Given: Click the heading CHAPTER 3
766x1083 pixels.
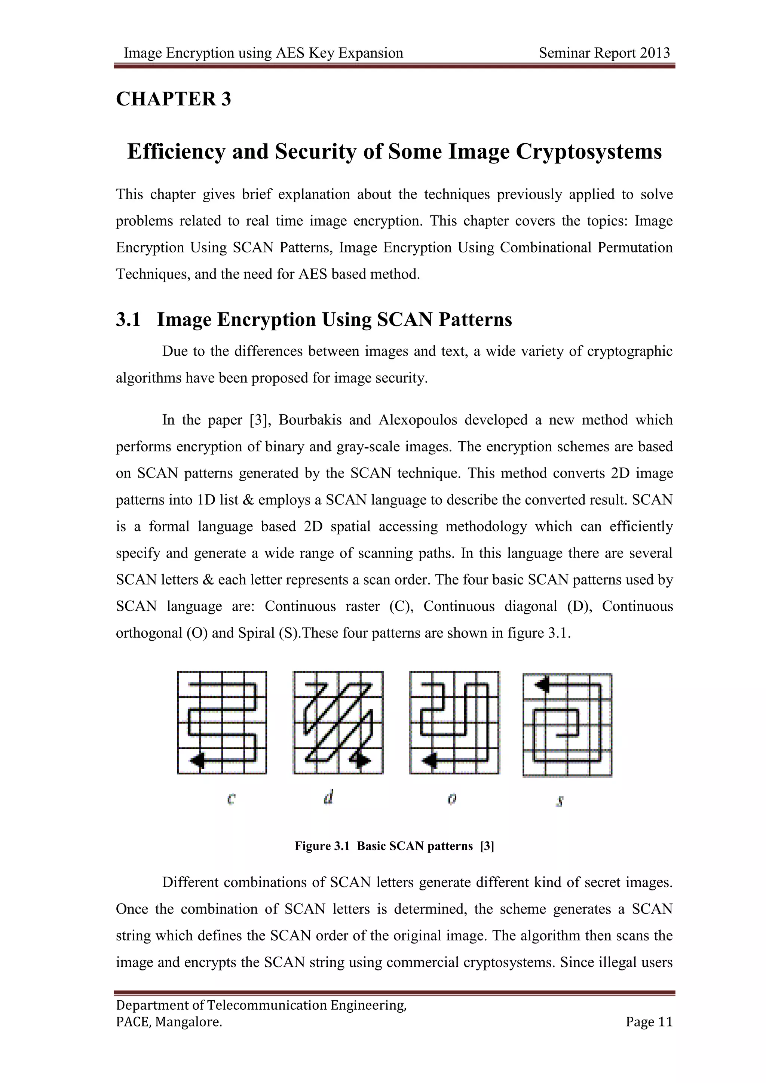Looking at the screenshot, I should click(x=173, y=99).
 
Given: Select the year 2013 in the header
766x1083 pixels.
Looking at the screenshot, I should click(x=655, y=53).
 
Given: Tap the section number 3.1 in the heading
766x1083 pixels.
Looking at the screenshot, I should click(x=128, y=320).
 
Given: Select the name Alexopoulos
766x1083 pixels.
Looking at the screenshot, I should click(x=417, y=420).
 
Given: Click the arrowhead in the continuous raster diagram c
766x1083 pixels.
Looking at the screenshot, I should click(x=197, y=760).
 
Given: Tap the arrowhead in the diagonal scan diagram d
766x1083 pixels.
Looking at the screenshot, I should click(x=362, y=760).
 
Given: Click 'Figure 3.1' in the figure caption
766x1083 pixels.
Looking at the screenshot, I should click(x=322, y=846).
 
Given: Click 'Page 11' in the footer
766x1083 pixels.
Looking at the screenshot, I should click(x=649, y=1022).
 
